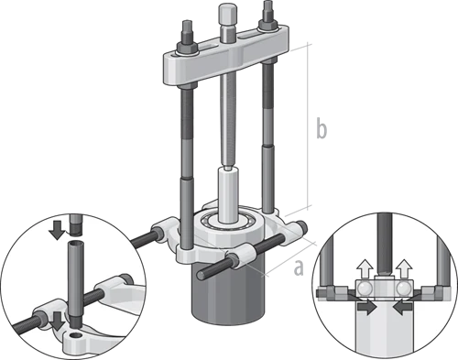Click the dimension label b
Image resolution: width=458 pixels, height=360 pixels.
(322, 127)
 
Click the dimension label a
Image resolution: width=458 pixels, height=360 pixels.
(299, 267)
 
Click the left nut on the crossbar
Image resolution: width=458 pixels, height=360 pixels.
(187, 48)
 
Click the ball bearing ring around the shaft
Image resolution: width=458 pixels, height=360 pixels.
(227, 221)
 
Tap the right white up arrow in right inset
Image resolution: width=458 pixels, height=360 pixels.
(404, 268)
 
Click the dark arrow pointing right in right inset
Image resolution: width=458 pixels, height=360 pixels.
(366, 307)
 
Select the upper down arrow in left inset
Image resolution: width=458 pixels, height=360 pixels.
(57, 230)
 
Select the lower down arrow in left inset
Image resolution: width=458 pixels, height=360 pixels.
(58, 321)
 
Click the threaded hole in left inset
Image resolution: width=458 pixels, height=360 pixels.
(76, 336)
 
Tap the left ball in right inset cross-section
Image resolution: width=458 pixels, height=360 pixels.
(365, 288)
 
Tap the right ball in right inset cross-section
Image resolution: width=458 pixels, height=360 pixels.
(404, 288)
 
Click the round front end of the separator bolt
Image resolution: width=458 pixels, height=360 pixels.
(202, 275)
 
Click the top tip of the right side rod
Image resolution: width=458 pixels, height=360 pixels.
(267, 2)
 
